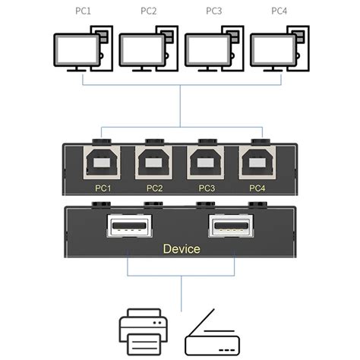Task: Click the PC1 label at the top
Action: click(83, 11)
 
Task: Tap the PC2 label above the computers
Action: click(150, 11)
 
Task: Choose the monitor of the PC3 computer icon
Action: click(207, 50)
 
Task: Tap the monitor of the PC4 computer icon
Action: click(273, 50)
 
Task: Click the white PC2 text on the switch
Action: click(154, 187)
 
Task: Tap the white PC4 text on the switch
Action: click(257, 187)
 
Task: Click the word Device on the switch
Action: click(181, 248)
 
